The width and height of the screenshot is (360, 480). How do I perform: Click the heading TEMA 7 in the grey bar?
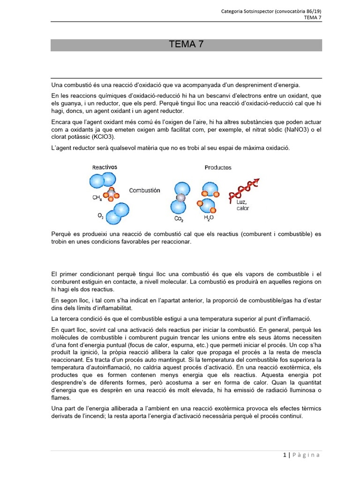coord(186,45)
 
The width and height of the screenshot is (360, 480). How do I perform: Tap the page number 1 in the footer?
coord(285,455)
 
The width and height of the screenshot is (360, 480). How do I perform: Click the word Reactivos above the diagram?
coord(105,167)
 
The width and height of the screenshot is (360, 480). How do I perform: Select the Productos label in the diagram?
coord(218,167)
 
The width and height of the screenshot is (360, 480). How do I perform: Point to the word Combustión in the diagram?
coord(145,191)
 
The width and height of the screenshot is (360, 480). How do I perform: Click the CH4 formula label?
coord(97,198)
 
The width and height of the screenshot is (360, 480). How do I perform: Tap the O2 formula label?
coord(100,216)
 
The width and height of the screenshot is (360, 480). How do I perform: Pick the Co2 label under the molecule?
coord(179,219)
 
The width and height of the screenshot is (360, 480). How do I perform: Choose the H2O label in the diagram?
coord(209,218)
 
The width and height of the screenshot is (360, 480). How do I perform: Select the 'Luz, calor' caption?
coord(243,205)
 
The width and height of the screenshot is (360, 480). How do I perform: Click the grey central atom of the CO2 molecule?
coord(181,198)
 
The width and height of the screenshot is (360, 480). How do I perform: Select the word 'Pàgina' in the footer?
coord(307,455)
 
